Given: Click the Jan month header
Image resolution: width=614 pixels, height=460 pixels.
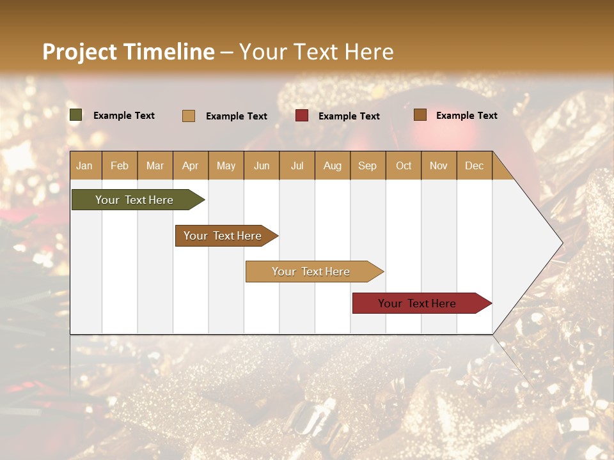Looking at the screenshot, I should (84, 165).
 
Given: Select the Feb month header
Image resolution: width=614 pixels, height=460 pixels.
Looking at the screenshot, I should (120, 165).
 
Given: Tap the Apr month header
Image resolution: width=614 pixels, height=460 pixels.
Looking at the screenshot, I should (190, 165).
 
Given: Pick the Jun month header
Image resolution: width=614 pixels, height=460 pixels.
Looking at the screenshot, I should (262, 165).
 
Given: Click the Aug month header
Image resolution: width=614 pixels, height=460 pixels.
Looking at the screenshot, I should (332, 165).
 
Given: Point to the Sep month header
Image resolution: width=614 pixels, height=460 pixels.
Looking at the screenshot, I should (367, 165).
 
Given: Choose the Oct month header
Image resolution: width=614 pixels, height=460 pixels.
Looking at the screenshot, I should (404, 165).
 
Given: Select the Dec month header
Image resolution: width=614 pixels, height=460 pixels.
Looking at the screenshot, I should (474, 165).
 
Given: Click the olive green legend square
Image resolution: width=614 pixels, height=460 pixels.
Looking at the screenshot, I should (76, 115).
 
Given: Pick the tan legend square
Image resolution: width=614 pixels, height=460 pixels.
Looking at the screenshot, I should (189, 116).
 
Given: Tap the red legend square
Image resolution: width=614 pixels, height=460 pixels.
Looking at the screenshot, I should (302, 116).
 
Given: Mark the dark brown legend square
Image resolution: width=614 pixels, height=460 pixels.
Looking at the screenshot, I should (420, 115).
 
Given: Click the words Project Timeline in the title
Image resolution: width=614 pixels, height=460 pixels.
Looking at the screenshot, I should (129, 52).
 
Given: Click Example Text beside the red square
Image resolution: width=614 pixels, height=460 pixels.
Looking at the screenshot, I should (349, 116).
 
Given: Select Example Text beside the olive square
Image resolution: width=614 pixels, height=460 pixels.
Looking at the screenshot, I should (124, 116).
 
